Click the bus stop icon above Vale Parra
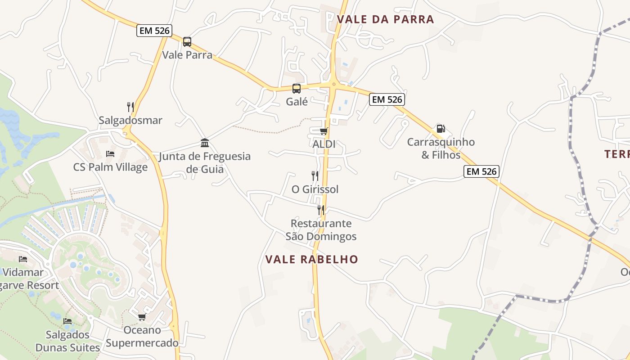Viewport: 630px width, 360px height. point(187,42)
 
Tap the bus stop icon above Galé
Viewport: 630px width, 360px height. point(297,88)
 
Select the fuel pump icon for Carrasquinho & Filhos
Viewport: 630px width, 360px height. point(441,129)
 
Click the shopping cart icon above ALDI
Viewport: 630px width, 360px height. point(324,131)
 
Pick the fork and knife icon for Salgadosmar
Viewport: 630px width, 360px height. point(130,107)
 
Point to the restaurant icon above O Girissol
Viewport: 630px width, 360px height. point(315,175)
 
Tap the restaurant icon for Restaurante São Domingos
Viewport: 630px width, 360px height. point(321,210)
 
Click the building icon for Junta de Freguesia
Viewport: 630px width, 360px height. point(205,143)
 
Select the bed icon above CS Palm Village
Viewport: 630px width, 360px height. point(110,154)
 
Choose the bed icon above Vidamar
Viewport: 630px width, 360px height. point(23,259)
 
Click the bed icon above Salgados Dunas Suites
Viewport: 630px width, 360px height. point(67,321)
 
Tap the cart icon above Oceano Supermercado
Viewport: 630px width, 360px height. point(142,317)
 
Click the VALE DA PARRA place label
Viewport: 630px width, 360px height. point(385,19)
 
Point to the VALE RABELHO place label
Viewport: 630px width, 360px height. point(311,260)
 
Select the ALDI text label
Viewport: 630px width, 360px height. point(324,144)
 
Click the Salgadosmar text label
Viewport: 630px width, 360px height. point(130,121)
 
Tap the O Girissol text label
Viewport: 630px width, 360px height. point(315,189)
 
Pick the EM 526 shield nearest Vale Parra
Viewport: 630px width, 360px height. point(154,31)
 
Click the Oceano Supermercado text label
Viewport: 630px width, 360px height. point(142,337)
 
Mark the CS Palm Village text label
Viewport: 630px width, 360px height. point(110,167)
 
